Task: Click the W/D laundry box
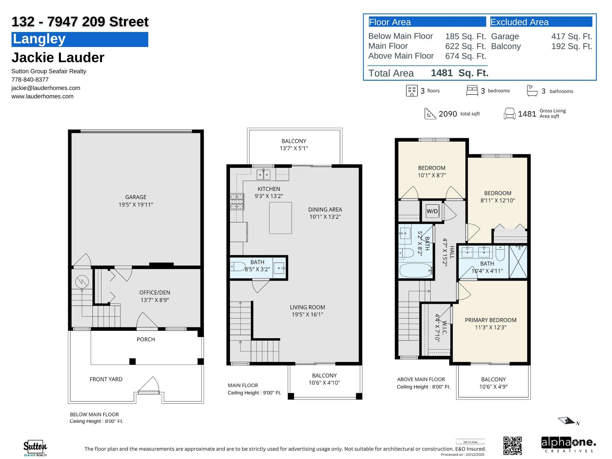[x=432, y=211]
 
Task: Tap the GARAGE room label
[x=136, y=197]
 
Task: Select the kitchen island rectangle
[x=280, y=218]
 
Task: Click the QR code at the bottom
[x=512, y=446]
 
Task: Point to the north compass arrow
[x=567, y=421]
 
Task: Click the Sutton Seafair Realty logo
[x=35, y=448]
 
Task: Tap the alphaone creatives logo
[x=568, y=445]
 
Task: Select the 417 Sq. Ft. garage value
[x=572, y=36]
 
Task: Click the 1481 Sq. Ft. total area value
[x=460, y=73]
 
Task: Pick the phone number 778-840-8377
[x=30, y=79]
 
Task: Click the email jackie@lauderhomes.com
[x=46, y=88]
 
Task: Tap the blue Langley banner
[x=80, y=39]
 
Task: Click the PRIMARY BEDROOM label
[x=491, y=320]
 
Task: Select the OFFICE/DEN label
[x=155, y=293]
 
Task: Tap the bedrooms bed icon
[x=472, y=91]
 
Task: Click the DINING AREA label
[x=325, y=209]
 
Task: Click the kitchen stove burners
[x=237, y=202]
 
